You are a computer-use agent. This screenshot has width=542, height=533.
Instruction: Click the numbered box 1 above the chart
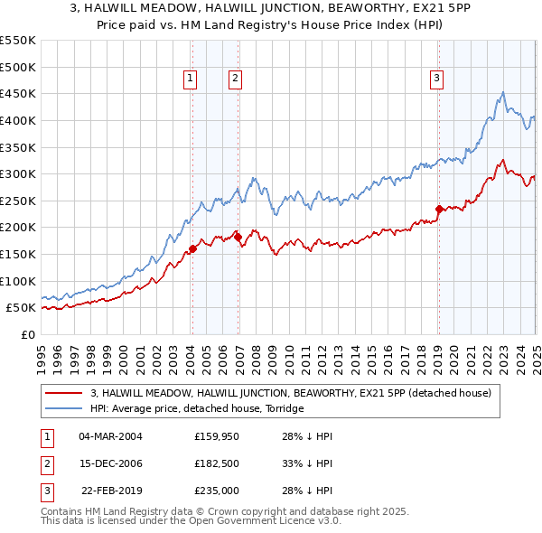tap(192, 79)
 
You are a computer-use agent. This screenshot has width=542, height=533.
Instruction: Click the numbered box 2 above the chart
tap(234, 79)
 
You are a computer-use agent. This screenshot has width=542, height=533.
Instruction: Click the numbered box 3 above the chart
tap(436, 79)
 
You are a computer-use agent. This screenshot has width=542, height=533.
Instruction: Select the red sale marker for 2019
tap(439, 209)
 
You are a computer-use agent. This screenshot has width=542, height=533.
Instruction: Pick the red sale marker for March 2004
tap(192, 249)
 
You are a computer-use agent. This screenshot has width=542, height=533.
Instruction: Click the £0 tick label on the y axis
tap(27, 334)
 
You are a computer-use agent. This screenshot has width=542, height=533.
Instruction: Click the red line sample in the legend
tap(64, 393)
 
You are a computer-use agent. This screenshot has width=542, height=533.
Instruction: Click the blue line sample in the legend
tap(64, 408)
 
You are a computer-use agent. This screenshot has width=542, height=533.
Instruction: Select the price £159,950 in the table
tap(216, 436)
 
